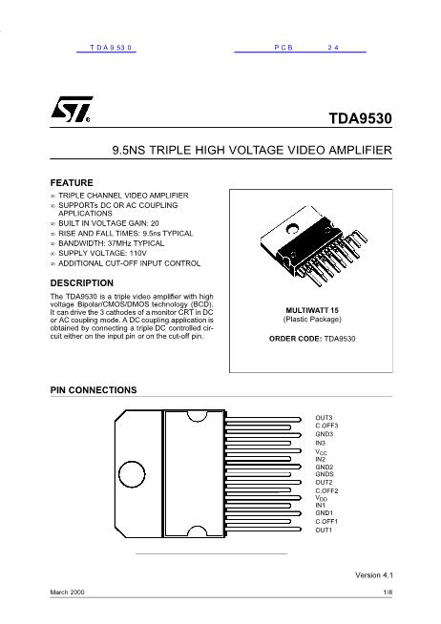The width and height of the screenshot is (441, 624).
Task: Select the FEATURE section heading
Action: (x=72, y=181)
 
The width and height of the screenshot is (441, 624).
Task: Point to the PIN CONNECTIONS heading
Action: (x=94, y=390)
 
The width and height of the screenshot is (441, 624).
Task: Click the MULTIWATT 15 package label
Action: (x=313, y=311)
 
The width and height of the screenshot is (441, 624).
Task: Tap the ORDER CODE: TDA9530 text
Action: (x=313, y=339)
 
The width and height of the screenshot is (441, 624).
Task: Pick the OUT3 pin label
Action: (x=325, y=418)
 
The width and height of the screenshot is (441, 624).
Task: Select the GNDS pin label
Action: (x=325, y=474)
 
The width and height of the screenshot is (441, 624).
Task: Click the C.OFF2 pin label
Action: (x=327, y=490)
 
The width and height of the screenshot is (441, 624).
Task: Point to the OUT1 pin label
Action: (x=325, y=530)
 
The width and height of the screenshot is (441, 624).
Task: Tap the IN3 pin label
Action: (x=321, y=443)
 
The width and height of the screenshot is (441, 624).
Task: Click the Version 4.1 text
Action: (x=374, y=575)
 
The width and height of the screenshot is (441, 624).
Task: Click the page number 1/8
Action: (x=388, y=593)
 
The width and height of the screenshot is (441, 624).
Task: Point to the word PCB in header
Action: (x=285, y=46)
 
